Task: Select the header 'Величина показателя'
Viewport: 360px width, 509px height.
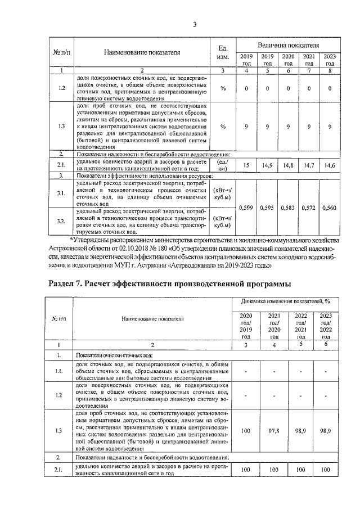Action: click(x=289, y=44)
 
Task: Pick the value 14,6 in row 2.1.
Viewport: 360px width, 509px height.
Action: click(x=330, y=165)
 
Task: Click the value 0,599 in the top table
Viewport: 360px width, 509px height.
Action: click(x=246, y=208)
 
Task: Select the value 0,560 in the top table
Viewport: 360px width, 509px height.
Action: click(x=330, y=208)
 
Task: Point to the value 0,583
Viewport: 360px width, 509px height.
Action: click(x=288, y=208)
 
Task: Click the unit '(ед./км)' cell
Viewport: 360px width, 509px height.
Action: click(x=222, y=164)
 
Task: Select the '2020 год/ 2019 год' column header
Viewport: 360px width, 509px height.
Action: click(x=246, y=326)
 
